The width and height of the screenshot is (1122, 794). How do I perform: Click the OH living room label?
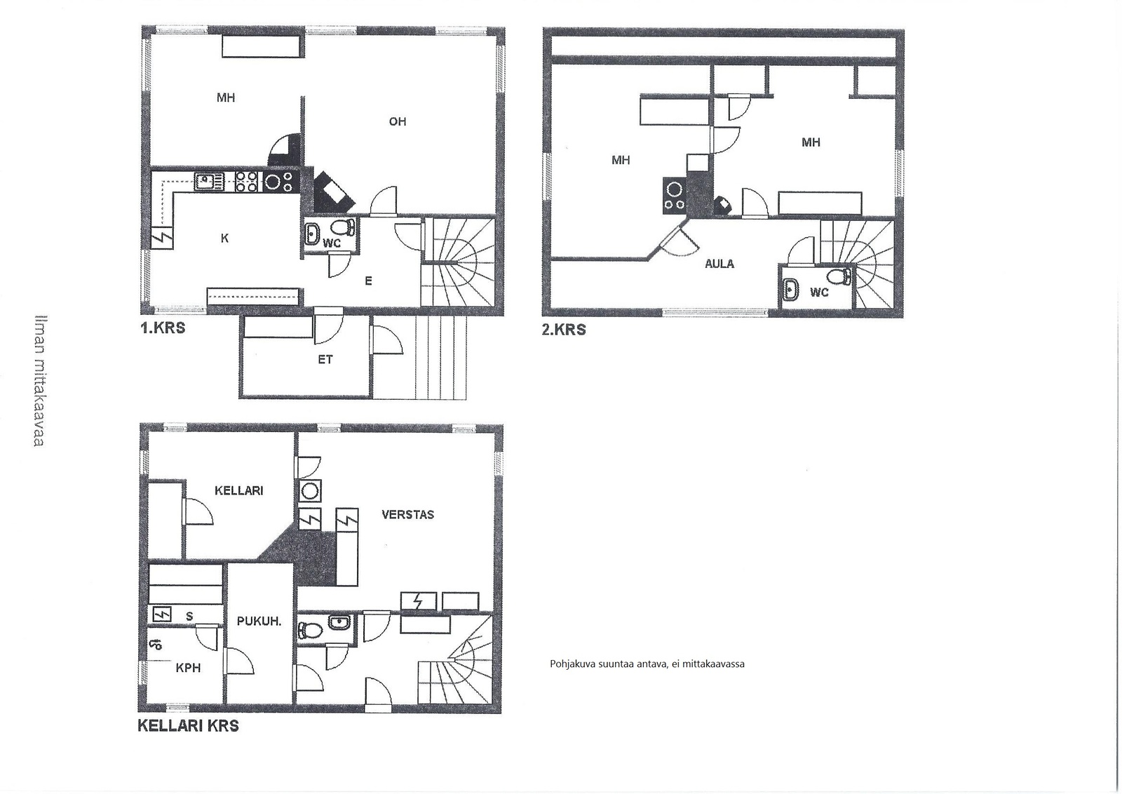pos(397,121)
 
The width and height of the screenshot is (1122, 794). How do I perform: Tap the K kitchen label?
pos(224,238)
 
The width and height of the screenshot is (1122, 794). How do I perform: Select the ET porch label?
pos(325,359)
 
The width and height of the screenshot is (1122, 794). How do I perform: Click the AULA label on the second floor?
pos(719,264)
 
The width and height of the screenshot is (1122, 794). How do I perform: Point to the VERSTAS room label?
pos(407,514)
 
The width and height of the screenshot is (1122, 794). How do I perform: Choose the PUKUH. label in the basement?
pos(259,621)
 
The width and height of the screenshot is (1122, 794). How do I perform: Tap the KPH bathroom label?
pos(189,668)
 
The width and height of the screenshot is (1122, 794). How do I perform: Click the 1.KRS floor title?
pos(163,328)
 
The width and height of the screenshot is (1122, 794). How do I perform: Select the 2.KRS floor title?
pos(564,330)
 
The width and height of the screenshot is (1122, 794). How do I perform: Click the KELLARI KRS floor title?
pos(189,726)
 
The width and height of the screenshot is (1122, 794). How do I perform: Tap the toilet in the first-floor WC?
pos(344,228)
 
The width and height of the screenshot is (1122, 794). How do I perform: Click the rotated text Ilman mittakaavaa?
pos(40,380)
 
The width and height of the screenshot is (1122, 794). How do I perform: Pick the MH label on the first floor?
pos(226,97)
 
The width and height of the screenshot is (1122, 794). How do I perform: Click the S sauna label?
pos(189,617)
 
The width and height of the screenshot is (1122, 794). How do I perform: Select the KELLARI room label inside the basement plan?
pos(239,490)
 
